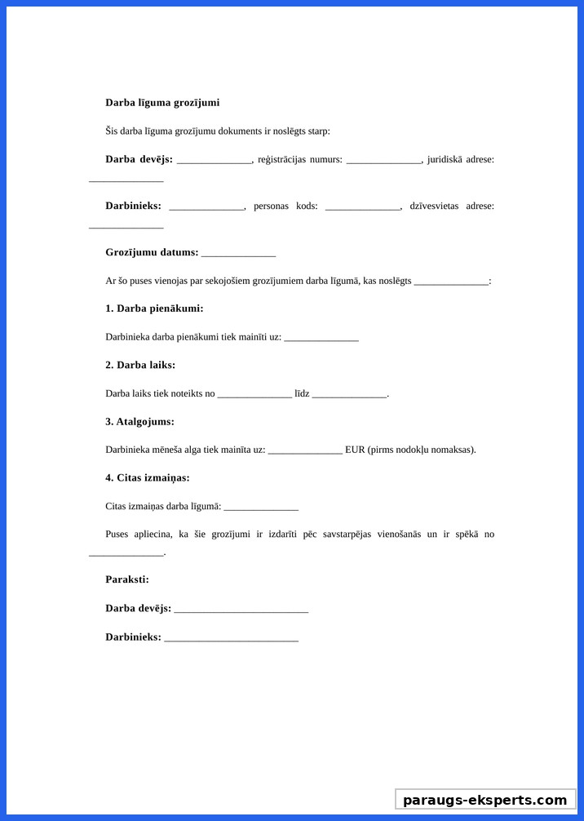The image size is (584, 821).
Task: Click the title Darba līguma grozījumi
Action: pyautogui.click(x=162, y=103)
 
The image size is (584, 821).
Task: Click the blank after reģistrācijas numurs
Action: pyautogui.click(x=383, y=160)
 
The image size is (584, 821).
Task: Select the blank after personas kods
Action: pyautogui.click(x=362, y=206)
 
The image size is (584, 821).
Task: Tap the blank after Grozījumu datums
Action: pyautogui.click(x=238, y=253)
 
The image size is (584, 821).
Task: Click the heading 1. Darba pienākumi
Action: pyautogui.click(x=154, y=308)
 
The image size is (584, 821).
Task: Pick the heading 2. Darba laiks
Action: pyautogui.click(x=140, y=365)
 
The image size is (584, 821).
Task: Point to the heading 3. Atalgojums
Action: pyautogui.click(x=139, y=422)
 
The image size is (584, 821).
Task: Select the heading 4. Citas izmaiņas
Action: pyautogui.click(x=148, y=478)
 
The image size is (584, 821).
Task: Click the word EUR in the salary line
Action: pyautogui.click(x=355, y=450)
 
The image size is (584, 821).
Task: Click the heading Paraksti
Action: pyautogui.click(x=127, y=579)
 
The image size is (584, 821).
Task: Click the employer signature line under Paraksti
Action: pyautogui.click(x=241, y=609)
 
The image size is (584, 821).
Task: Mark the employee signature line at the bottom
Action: pyautogui.click(x=231, y=637)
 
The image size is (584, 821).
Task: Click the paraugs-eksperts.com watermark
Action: pyautogui.click(x=485, y=800)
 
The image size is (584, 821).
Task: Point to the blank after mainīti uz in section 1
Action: pyautogui.click(x=321, y=338)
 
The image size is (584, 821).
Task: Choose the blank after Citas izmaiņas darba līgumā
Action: pyautogui.click(x=261, y=507)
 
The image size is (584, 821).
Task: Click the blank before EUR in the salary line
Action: pyautogui.click(x=305, y=450)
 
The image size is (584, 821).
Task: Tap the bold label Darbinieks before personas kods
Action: pyautogui.click(x=133, y=206)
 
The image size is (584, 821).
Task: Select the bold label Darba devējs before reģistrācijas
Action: pyautogui.click(x=139, y=159)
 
